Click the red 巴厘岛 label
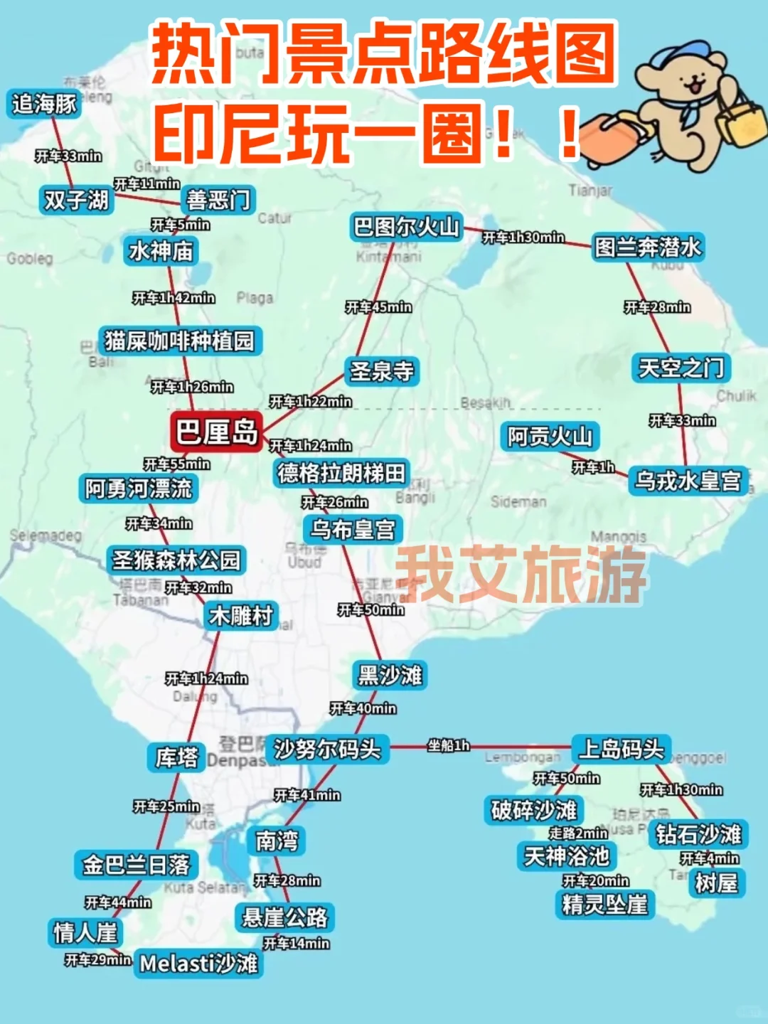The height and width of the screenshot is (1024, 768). [x=217, y=432]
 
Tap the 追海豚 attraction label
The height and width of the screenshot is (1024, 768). [x=44, y=105]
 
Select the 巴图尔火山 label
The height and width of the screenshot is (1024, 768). [x=407, y=227]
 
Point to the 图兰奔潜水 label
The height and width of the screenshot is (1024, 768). [x=648, y=247]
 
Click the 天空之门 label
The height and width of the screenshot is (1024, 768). [x=681, y=368]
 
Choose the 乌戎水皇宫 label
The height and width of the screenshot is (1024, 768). [x=688, y=481]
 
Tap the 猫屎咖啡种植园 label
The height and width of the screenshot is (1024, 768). [x=179, y=341]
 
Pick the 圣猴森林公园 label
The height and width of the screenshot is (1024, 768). [x=176, y=560]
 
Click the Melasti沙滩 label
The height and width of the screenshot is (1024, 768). [x=198, y=964]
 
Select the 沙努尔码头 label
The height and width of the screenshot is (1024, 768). [x=328, y=749]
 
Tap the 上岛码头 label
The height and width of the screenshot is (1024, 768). [x=622, y=748]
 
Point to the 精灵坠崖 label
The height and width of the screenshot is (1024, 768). [x=604, y=905]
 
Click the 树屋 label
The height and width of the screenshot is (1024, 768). [x=716, y=883]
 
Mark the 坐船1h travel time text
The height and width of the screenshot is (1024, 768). [x=449, y=745]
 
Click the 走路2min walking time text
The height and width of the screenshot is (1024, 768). [x=578, y=833]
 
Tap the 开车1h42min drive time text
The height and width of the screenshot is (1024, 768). [x=174, y=298]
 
